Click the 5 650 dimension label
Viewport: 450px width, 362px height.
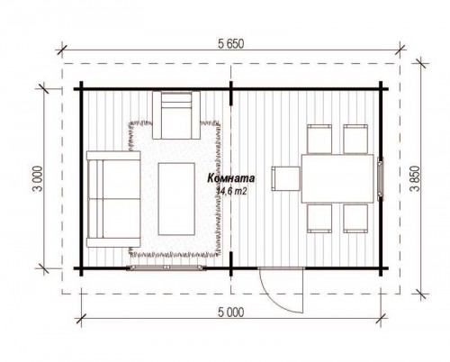coord(230,44)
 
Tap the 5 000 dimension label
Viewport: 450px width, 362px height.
coord(230,312)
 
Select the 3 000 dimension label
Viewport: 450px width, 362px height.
coord(39,178)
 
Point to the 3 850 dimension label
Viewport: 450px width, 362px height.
coord(417,178)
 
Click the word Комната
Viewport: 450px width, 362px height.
coord(231,178)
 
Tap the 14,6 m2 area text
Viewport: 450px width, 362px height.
coord(231,191)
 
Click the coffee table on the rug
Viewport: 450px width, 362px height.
coord(176,199)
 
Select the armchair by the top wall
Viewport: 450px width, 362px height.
coord(176,115)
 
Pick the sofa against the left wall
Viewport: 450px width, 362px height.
coord(113,199)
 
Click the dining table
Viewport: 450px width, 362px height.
coord(337,178)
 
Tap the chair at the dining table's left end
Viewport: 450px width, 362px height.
coord(286,178)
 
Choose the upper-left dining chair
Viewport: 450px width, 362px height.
coord(319,139)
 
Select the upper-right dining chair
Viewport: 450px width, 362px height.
coord(355,139)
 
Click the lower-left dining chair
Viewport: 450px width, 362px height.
coord(319,218)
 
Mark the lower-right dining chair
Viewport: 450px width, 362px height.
coord(355,218)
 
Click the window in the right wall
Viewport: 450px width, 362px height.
coord(381,178)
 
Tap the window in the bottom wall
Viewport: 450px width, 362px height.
coord(166,267)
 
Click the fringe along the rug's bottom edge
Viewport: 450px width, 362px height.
coord(175,254)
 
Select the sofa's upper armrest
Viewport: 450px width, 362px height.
coord(113,155)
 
